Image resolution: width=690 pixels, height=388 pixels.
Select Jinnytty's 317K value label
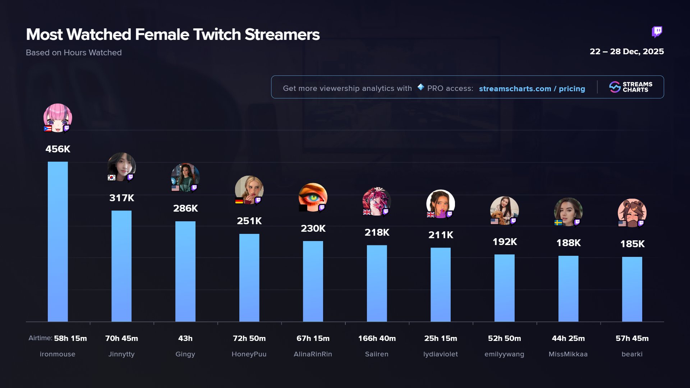click(121, 198)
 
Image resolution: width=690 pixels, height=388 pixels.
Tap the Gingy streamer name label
click(185, 354)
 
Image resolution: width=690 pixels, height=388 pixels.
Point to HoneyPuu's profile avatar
click(249, 190)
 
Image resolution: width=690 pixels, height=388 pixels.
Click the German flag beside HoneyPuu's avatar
click(239, 200)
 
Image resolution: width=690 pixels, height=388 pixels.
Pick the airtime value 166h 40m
click(377, 338)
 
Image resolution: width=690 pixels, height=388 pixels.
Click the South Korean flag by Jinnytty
click(111, 177)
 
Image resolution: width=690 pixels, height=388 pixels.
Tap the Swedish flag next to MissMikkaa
click(558, 222)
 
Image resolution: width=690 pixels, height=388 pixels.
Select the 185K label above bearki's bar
click(632, 244)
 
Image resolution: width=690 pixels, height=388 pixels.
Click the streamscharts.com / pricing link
click(532, 89)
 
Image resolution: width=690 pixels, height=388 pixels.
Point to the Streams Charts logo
click(631, 87)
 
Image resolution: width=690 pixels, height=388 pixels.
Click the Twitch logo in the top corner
click(657, 32)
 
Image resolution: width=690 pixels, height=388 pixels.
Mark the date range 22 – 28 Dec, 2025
click(626, 52)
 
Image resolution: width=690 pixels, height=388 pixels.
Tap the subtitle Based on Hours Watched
click(74, 53)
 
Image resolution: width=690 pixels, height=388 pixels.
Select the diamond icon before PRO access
click(420, 87)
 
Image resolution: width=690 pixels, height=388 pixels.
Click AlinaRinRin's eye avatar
click(313, 197)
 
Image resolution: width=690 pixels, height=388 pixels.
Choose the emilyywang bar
click(504, 288)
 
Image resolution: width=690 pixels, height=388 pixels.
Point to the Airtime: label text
click(40, 338)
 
